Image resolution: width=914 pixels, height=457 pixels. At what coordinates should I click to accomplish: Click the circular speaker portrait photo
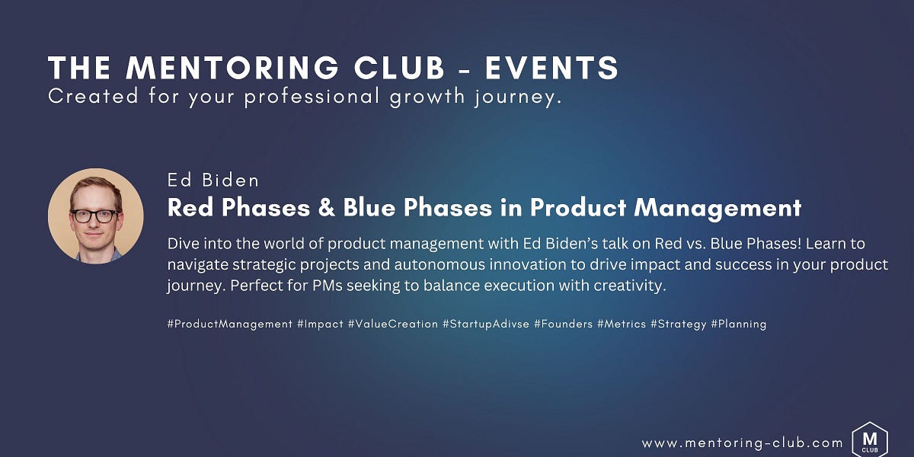pos(96,216)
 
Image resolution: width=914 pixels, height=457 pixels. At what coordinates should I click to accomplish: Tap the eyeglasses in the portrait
pos(94,216)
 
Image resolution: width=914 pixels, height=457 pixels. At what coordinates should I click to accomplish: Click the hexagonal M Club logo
pos(869,439)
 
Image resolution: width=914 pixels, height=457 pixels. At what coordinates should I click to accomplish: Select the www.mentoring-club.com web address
pos(742,443)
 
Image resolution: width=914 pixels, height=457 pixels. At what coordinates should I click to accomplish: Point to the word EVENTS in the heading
pos(551,69)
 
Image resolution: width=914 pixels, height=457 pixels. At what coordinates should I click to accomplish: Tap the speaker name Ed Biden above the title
pos(213,181)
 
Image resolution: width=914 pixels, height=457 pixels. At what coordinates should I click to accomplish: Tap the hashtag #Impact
pos(320,324)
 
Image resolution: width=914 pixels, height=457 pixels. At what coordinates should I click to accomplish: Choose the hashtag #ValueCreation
pos(393,324)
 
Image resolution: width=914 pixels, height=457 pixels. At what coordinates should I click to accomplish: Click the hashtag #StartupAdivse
pos(485,324)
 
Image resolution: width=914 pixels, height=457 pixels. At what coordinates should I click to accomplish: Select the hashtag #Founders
pos(563,324)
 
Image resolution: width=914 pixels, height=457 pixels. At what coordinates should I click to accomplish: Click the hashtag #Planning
pos(738,324)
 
